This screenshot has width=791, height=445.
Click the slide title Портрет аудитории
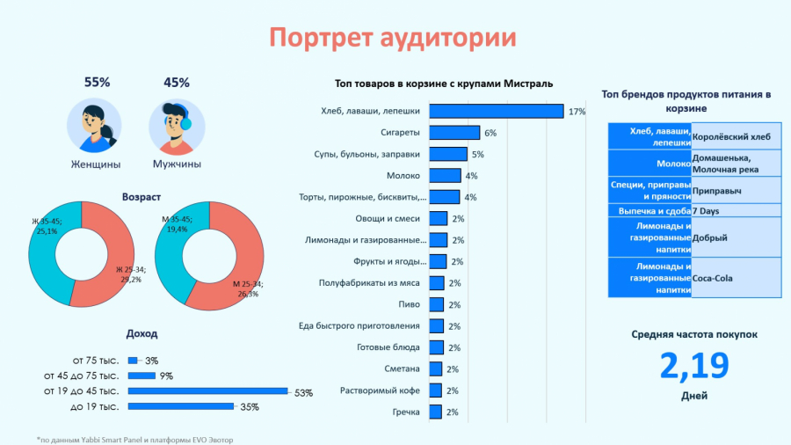click(x=392, y=38)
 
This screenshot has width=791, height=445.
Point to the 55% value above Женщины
click(x=97, y=83)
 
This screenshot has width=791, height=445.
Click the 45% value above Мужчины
click(x=177, y=83)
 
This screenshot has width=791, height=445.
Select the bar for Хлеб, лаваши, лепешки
click(x=496, y=111)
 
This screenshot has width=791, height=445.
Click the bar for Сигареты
click(x=454, y=133)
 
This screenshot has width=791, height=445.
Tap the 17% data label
click(x=577, y=112)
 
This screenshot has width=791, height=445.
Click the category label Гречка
click(x=406, y=412)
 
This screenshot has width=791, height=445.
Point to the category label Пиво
click(x=410, y=304)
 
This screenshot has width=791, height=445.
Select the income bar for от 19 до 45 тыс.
click(x=207, y=390)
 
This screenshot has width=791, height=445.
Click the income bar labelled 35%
click(x=181, y=406)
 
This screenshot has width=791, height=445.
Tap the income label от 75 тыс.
click(x=97, y=361)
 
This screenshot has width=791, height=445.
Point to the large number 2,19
click(x=694, y=366)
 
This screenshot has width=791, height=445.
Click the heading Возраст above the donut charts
click(x=142, y=196)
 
